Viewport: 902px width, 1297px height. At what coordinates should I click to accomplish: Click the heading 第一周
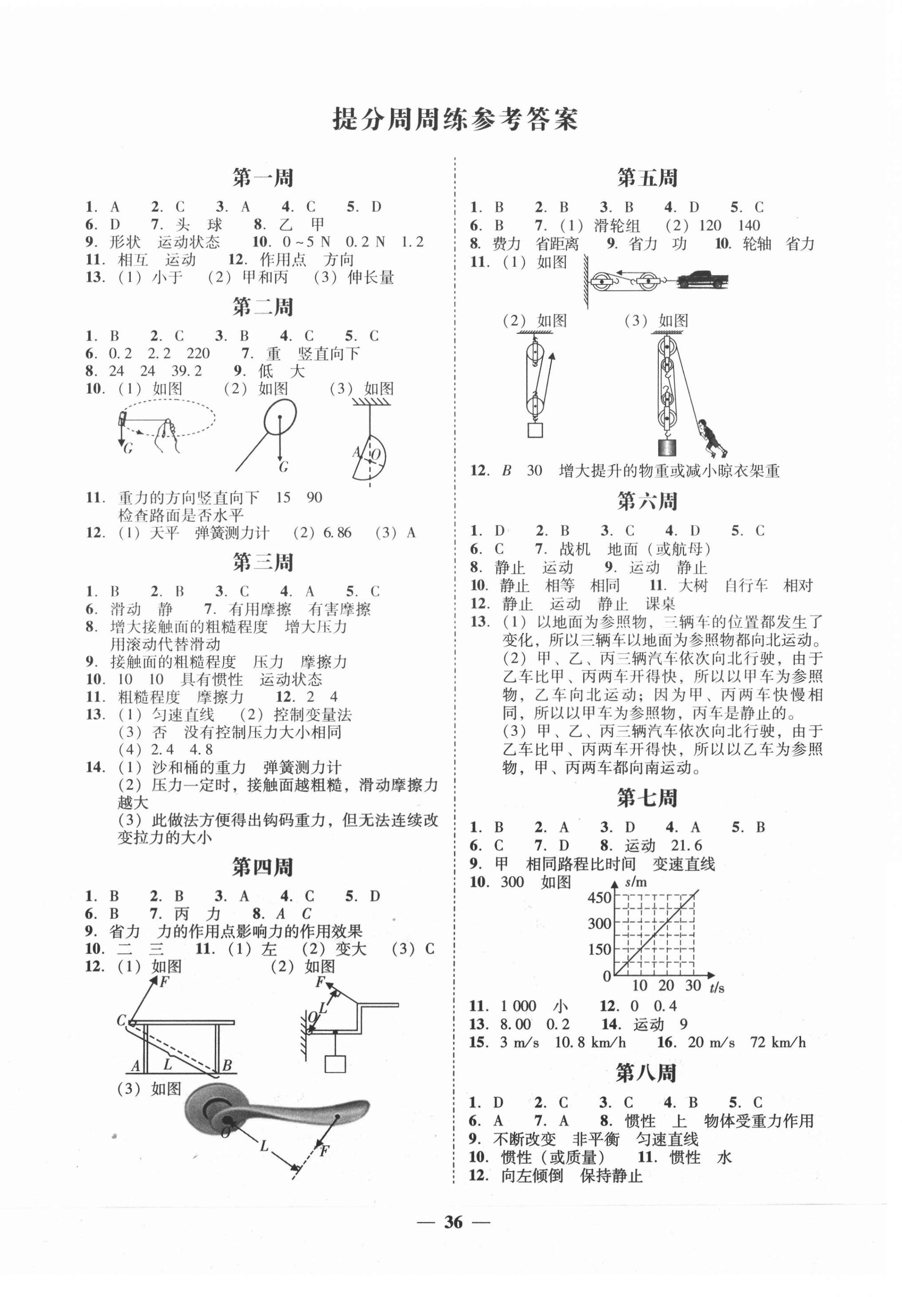(x=263, y=179)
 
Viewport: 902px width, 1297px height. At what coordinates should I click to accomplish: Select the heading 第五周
(x=647, y=179)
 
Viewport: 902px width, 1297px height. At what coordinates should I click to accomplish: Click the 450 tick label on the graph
(x=599, y=898)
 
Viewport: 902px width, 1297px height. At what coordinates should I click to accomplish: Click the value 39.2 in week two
(x=187, y=371)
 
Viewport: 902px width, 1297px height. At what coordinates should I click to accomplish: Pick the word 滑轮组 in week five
(x=617, y=226)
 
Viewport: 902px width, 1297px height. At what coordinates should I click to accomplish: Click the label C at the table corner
(x=121, y=1020)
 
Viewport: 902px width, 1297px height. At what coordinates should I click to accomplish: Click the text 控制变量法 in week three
(x=312, y=715)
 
